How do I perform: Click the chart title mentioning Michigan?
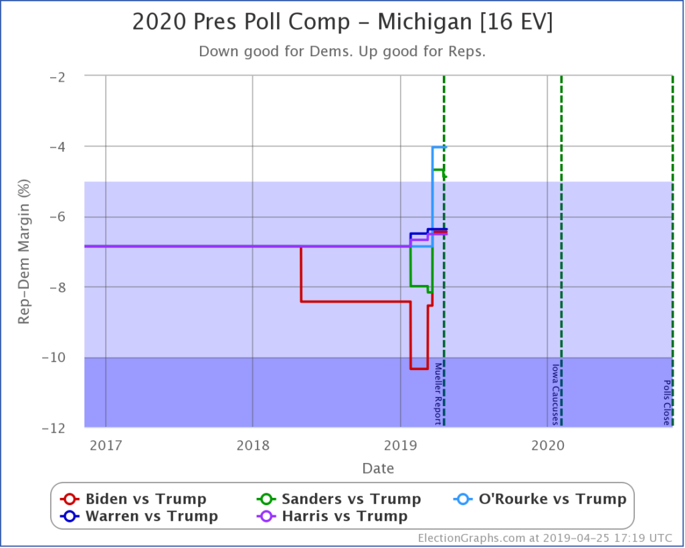(x=342, y=22)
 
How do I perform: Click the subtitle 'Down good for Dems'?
(x=342, y=52)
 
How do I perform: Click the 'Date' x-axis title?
(x=378, y=468)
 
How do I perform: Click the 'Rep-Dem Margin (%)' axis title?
(x=24, y=251)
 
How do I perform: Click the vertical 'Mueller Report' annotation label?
(x=438, y=393)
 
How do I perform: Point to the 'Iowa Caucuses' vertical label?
(x=555, y=394)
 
